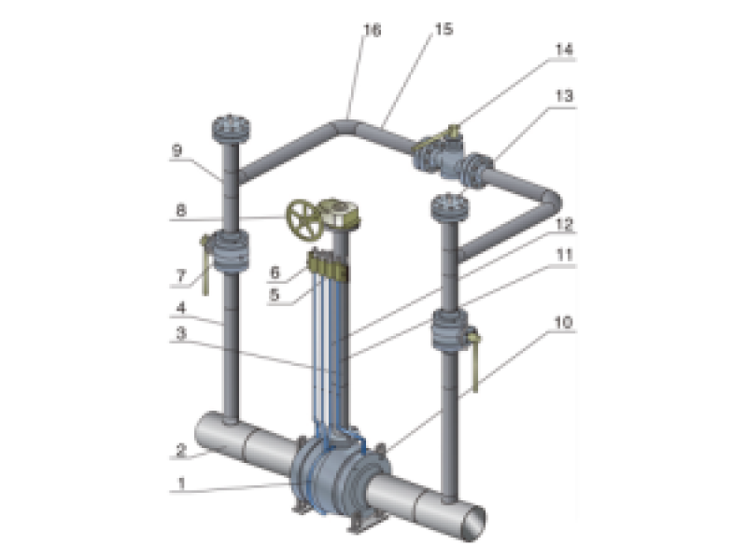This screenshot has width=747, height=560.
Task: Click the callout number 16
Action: click(372, 31)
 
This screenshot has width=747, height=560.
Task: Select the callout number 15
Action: click(443, 30)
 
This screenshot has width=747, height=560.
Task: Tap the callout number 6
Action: click(276, 272)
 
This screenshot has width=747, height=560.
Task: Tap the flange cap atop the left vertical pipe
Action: click(227, 125)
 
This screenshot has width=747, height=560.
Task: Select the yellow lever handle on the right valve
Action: click(476, 364)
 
